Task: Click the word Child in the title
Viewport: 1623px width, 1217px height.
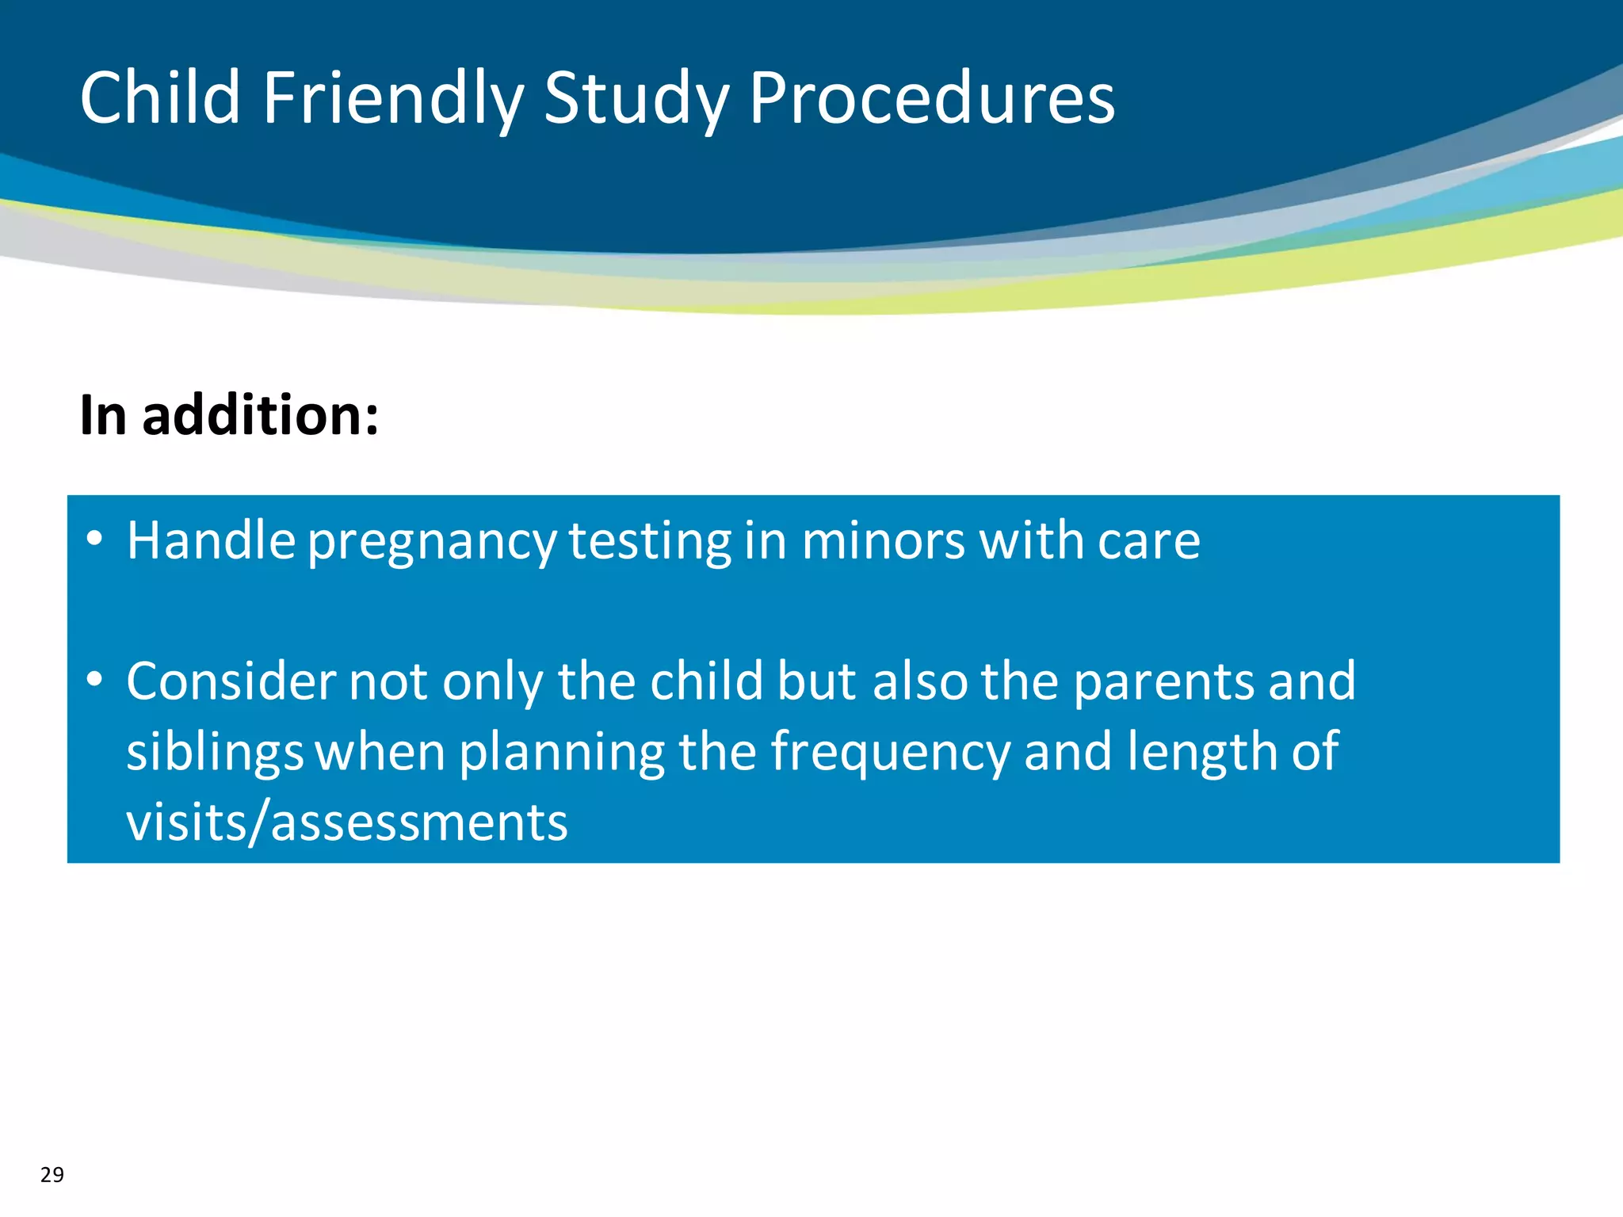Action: pos(160,97)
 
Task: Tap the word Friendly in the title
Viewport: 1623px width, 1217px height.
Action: pos(392,99)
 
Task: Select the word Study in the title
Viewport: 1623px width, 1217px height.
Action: pos(636,99)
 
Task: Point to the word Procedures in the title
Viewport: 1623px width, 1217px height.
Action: pos(931,97)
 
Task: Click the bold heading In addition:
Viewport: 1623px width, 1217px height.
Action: pos(229,415)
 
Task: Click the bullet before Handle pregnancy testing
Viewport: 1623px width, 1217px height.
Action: pos(95,539)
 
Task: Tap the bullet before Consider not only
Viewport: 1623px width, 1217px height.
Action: pos(95,679)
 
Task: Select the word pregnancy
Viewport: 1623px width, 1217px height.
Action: pos(432,543)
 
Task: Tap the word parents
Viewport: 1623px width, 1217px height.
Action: pos(1163,683)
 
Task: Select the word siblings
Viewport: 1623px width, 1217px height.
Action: pos(215,753)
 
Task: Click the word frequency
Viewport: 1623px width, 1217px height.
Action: pos(890,753)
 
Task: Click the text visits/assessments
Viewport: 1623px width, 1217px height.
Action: pos(347,822)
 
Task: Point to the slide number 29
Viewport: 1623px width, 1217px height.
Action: pos(52,1174)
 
